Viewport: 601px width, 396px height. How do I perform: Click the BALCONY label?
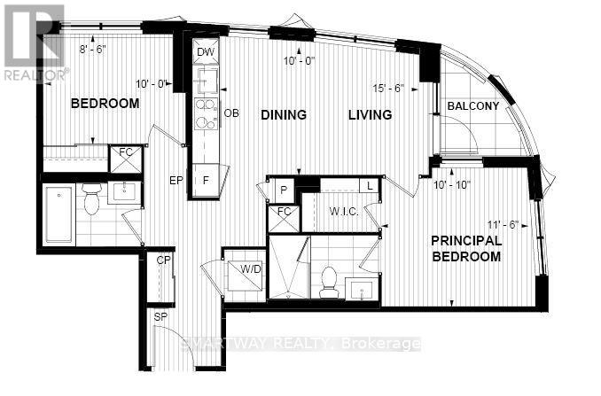(x=473, y=105)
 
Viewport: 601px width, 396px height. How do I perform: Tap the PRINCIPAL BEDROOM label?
(x=466, y=249)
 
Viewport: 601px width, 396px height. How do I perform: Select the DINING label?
(x=283, y=114)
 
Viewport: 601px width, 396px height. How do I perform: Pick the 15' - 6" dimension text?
(x=390, y=89)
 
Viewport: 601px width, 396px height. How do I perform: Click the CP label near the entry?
(x=163, y=260)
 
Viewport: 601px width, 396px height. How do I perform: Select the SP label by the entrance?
(x=162, y=315)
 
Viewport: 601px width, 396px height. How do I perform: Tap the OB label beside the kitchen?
(x=232, y=113)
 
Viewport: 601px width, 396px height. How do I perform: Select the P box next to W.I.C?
(x=283, y=190)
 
